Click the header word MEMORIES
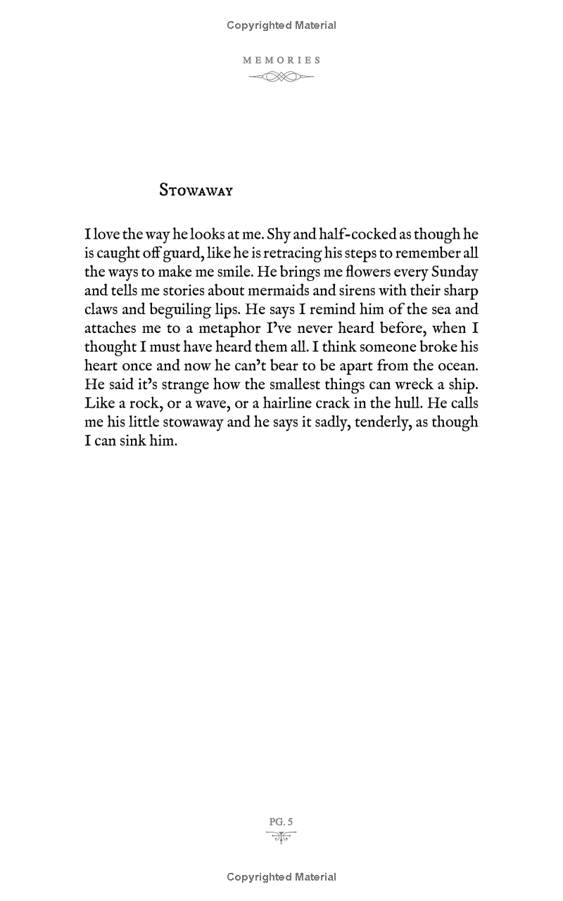tap(281, 61)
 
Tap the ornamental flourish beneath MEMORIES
tap(281, 77)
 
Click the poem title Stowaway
tap(196, 190)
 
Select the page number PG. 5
tap(281, 821)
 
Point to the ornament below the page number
tap(281, 836)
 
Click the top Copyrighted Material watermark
tap(281, 25)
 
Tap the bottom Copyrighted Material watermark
tap(281, 877)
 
